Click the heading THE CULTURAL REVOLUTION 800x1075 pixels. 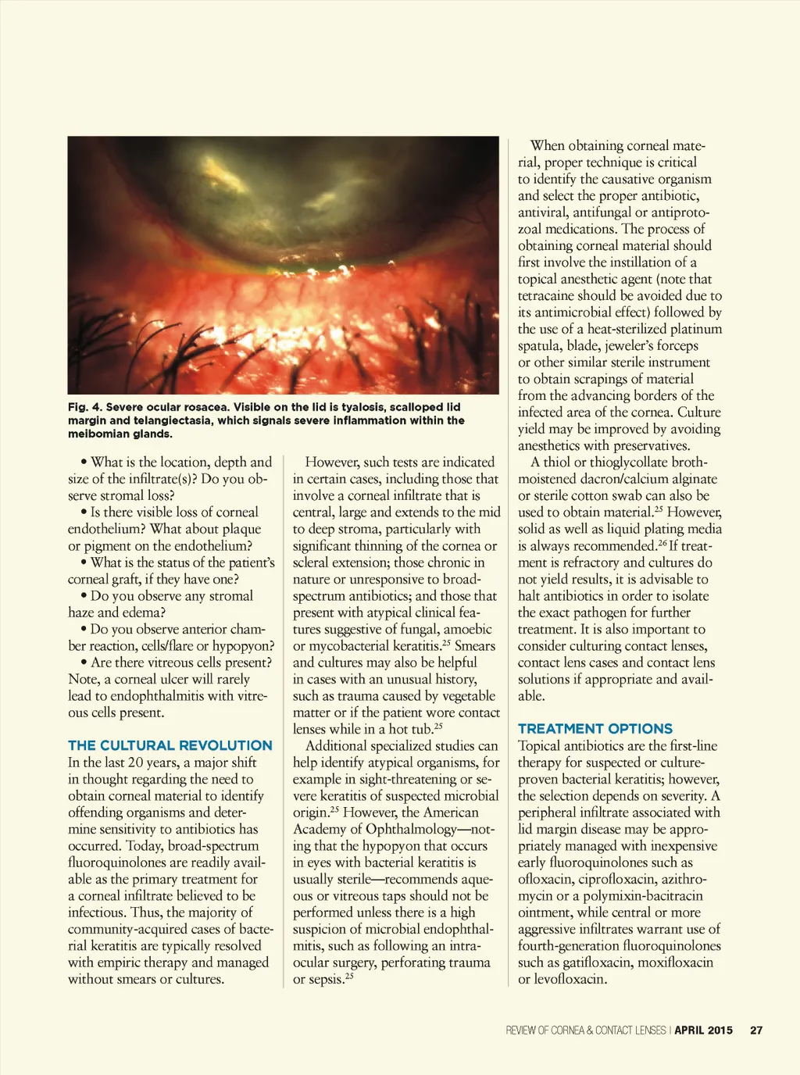coord(170,745)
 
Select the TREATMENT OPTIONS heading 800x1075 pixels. coord(595,728)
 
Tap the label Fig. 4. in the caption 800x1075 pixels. coord(84,407)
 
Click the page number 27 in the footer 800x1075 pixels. coord(756,1030)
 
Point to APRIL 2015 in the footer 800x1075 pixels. coord(703,1030)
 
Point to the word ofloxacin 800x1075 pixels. coord(545,879)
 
